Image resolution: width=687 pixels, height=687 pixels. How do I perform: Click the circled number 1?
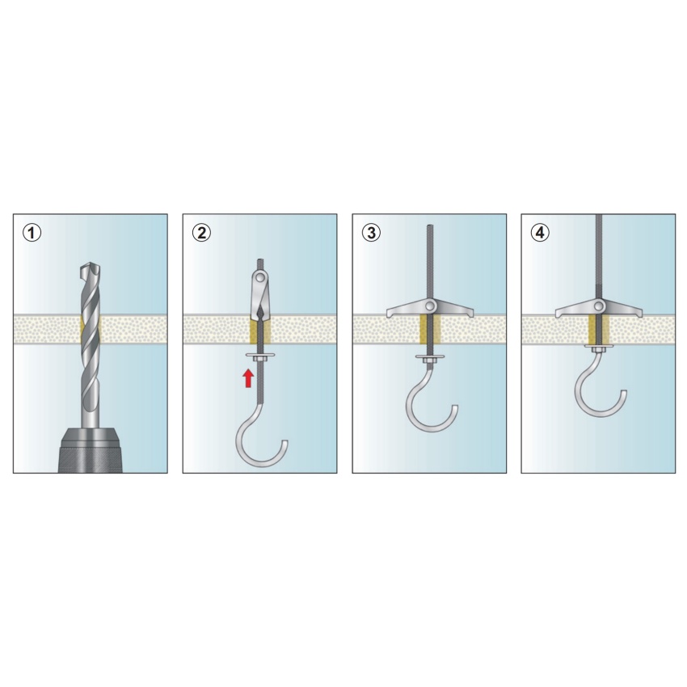click(x=32, y=233)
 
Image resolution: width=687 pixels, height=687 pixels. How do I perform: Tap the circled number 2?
click(x=201, y=233)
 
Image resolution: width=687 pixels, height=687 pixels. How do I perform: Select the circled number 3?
click(x=371, y=233)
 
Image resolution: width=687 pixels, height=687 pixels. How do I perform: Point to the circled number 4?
click(x=540, y=233)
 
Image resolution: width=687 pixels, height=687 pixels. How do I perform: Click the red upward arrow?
click(x=248, y=378)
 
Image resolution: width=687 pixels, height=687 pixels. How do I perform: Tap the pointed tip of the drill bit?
click(x=91, y=263)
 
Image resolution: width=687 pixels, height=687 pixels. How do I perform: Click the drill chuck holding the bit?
click(x=91, y=450)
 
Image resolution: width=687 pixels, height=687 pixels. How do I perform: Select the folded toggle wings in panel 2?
click(x=260, y=297)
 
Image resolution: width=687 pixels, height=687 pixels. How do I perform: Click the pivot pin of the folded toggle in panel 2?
click(x=261, y=277)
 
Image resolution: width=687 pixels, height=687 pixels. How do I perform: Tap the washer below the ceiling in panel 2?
click(x=260, y=355)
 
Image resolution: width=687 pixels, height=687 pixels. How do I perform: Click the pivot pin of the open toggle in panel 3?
click(x=430, y=305)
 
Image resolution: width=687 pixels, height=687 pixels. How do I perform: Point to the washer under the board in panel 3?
click(x=430, y=356)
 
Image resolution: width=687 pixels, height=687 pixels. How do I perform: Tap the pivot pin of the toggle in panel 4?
click(x=599, y=305)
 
